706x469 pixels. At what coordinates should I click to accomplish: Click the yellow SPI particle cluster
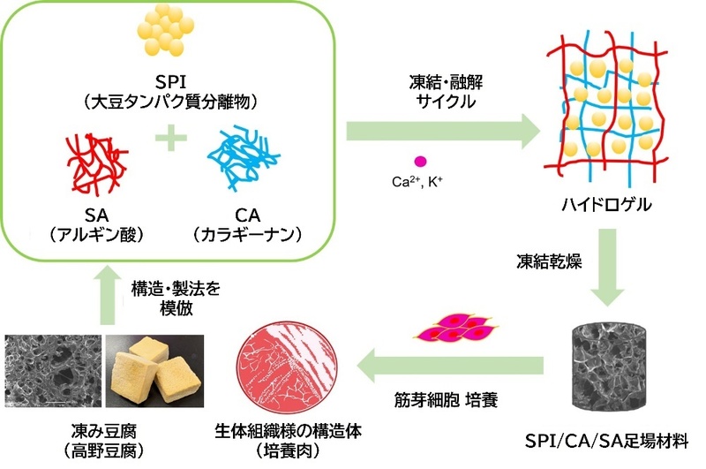click(x=167, y=35)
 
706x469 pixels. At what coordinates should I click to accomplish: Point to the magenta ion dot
click(x=420, y=161)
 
